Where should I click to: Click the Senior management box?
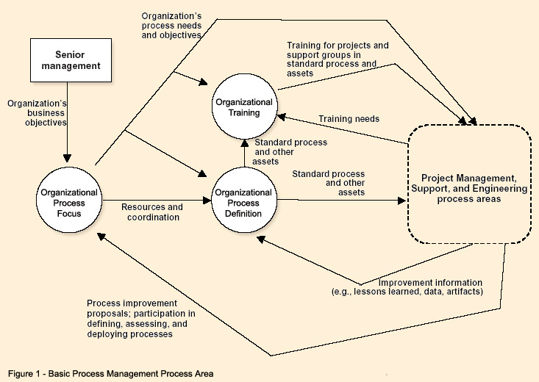point(67,61)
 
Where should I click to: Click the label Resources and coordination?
point(151,212)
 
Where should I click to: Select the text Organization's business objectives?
point(38,113)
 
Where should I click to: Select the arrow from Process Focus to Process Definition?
point(154,199)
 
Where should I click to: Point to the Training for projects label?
point(338,54)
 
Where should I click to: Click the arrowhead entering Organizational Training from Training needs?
point(280,115)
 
